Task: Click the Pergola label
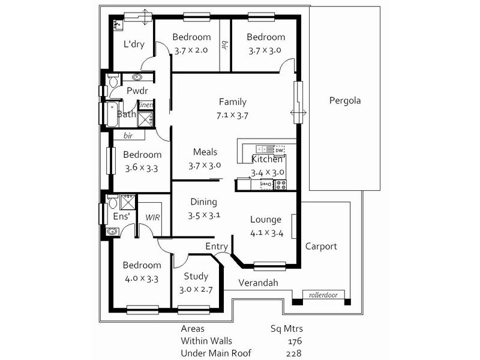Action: (344, 101)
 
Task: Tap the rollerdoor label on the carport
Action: (322, 295)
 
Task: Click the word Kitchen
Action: (267, 160)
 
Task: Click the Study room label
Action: (196, 277)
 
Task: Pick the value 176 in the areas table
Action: (294, 341)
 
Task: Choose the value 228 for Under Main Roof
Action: (294, 353)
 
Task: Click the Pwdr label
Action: (137, 91)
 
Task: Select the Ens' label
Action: (122, 216)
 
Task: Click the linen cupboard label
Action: (146, 105)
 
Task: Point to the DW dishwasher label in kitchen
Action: (279, 150)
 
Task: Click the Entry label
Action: (217, 247)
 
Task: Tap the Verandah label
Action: (259, 283)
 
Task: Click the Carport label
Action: (321, 246)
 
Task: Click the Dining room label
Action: (203, 202)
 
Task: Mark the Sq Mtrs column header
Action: (287, 329)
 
